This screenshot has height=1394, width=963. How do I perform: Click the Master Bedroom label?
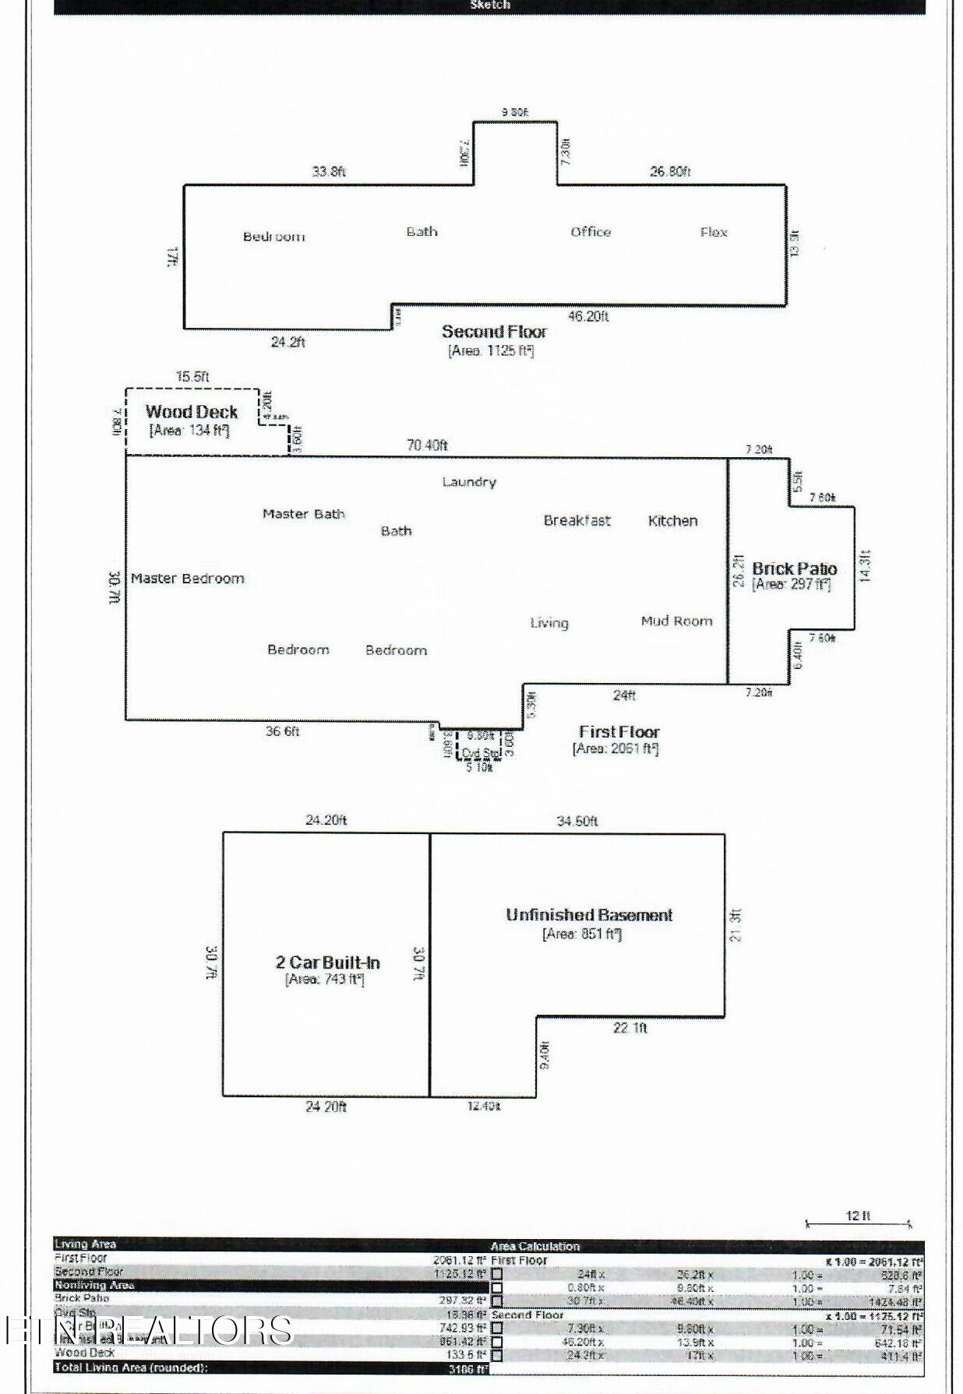(x=187, y=579)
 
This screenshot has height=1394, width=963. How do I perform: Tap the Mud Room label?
(x=676, y=621)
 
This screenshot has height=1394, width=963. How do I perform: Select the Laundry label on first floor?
(x=469, y=482)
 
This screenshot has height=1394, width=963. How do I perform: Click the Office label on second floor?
(x=591, y=232)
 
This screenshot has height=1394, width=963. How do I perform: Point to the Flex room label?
(x=714, y=232)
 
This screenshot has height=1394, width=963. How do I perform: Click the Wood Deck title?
(x=191, y=412)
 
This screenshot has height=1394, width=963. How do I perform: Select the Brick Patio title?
(x=794, y=569)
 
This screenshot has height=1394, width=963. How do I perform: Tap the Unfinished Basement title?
(x=589, y=915)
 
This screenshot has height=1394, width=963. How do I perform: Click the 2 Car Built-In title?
(x=327, y=963)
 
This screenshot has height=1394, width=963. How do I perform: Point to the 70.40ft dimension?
(x=427, y=445)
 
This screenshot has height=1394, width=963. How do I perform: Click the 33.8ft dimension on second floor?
(x=329, y=171)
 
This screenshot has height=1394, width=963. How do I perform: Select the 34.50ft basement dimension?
(x=577, y=821)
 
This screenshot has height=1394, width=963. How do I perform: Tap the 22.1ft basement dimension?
(x=630, y=1028)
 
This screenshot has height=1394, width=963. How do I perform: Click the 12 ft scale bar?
(x=857, y=1223)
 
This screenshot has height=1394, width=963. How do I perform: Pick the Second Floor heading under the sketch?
(x=494, y=332)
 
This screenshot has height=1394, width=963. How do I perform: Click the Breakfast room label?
(x=577, y=521)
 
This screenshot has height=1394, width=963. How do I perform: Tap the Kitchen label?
(x=672, y=521)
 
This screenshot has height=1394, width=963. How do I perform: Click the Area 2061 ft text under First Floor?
(x=616, y=749)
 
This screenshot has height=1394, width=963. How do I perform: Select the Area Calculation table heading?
(x=535, y=1246)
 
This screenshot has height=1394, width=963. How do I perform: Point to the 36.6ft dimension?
(x=282, y=731)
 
